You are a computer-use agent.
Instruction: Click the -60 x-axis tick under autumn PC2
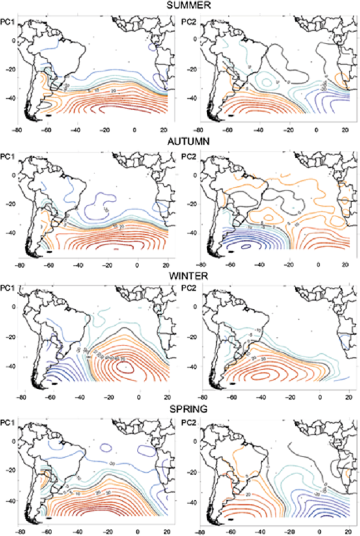(230, 264)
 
